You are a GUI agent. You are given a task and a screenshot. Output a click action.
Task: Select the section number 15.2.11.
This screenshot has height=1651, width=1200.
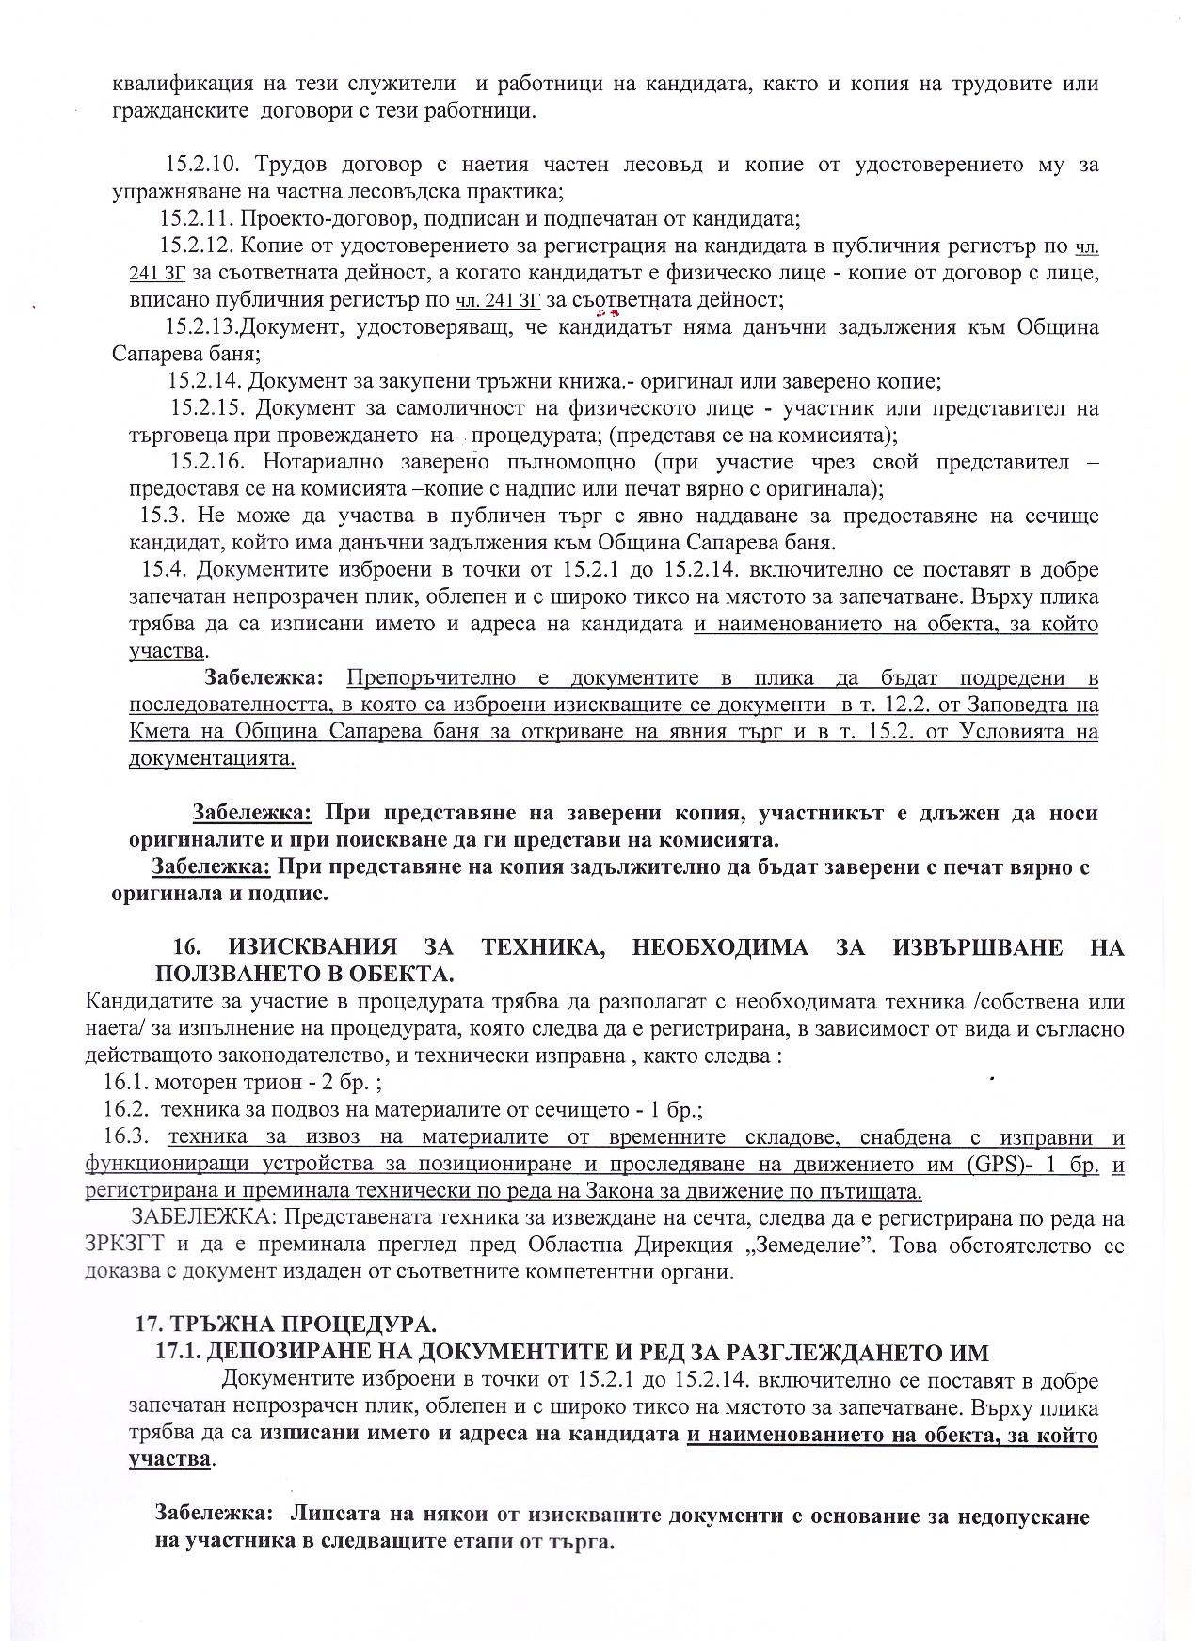[196, 220]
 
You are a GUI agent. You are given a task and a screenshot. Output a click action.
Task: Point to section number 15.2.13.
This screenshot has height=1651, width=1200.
[200, 327]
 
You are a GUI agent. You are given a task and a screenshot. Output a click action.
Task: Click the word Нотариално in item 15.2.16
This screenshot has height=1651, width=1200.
[318, 463]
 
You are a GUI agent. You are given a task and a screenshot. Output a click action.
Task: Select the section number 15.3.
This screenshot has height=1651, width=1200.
[159, 516]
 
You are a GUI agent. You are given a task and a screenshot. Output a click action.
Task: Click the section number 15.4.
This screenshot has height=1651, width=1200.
[160, 570]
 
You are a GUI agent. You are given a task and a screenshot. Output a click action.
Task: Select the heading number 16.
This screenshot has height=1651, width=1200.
[189, 947]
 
